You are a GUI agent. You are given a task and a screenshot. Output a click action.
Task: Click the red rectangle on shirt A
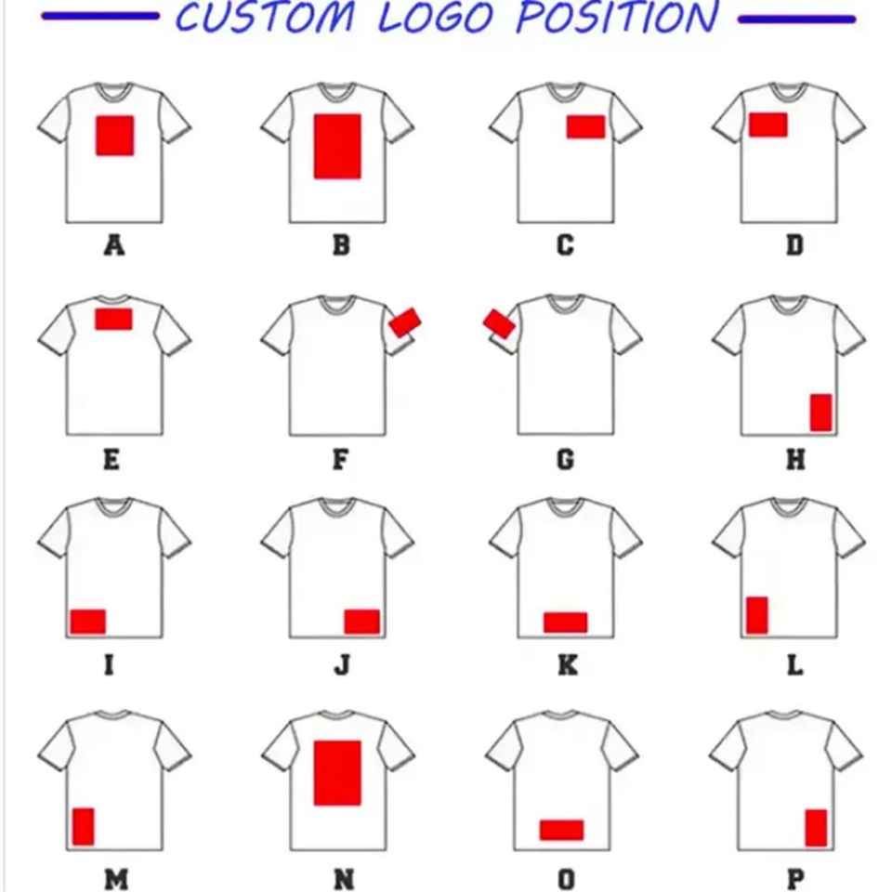(x=115, y=135)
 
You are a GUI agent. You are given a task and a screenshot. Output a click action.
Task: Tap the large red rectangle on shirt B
(x=337, y=146)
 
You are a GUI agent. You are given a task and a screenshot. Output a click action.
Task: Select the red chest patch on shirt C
(x=585, y=127)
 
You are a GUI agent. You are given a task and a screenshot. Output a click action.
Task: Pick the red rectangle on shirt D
(x=768, y=125)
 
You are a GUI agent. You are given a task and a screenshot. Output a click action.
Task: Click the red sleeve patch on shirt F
(x=405, y=322)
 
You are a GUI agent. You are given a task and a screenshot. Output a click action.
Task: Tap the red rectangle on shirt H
(x=820, y=413)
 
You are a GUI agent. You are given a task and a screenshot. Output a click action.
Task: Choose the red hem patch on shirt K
(x=565, y=623)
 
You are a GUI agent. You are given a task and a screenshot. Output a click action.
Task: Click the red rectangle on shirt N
(x=337, y=773)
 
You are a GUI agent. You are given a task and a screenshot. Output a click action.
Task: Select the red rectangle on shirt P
(x=816, y=828)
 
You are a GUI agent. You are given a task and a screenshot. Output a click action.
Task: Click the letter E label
(x=111, y=460)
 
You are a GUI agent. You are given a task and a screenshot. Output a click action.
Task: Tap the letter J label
(x=342, y=666)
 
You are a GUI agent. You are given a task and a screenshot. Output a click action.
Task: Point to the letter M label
(x=116, y=879)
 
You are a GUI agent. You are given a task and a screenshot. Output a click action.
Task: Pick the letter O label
(x=566, y=879)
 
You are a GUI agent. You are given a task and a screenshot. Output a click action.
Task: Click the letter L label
(x=794, y=666)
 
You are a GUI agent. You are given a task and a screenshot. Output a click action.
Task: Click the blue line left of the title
(x=100, y=18)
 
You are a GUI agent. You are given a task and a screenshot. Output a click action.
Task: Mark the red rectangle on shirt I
(x=88, y=622)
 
